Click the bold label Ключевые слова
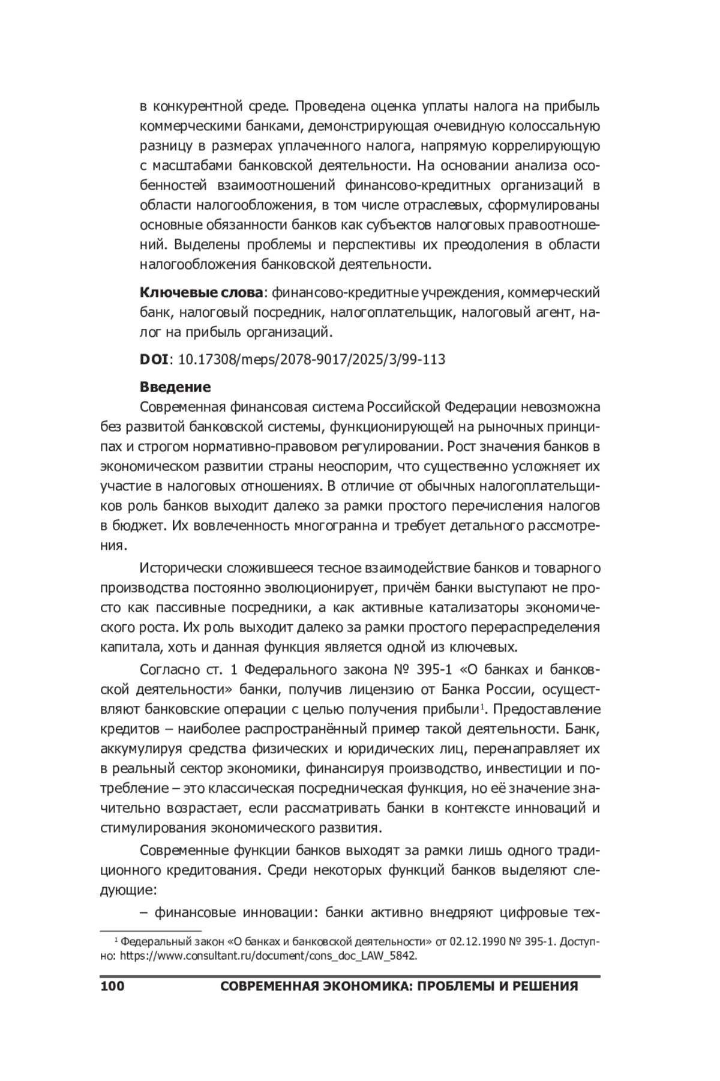(201, 293)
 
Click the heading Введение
(175, 387)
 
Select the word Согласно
(170, 669)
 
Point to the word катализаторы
(473, 608)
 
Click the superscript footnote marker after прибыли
(482, 706)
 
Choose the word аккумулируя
(140, 749)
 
